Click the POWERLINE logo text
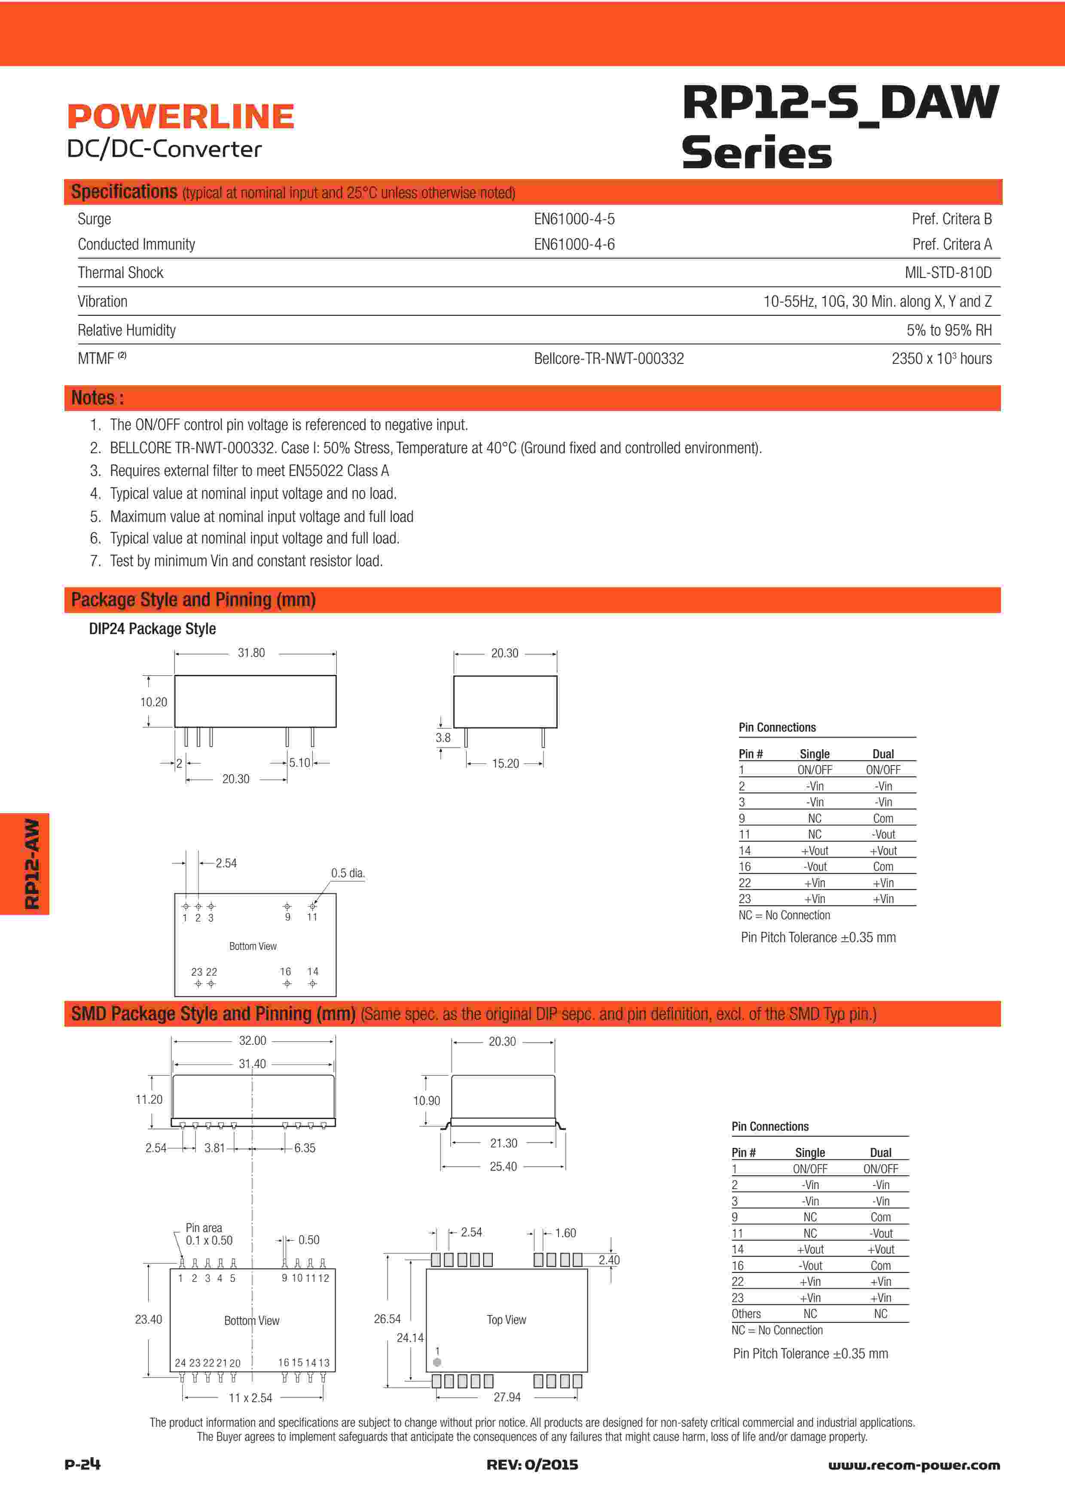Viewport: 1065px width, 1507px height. click(180, 117)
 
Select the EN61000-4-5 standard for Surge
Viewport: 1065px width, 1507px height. click(574, 219)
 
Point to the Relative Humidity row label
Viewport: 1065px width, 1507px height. click(127, 330)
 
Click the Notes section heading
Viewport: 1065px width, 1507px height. click(97, 398)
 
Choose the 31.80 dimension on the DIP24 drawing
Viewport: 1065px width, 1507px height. click(251, 653)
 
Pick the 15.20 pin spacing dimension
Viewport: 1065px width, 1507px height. click(505, 763)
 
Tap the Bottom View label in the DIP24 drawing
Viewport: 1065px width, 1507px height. click(253, 946)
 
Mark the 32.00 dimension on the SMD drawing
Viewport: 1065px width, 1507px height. click(253, 1041)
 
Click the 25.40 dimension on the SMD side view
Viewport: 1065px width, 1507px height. click(504, 1166)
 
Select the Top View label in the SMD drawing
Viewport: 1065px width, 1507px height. click(507, 1320)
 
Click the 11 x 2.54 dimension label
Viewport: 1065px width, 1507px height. click(250, 1398)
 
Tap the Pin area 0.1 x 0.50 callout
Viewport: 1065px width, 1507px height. click(209, 1234)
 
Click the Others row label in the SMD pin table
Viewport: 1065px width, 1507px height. click(746, 1314)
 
